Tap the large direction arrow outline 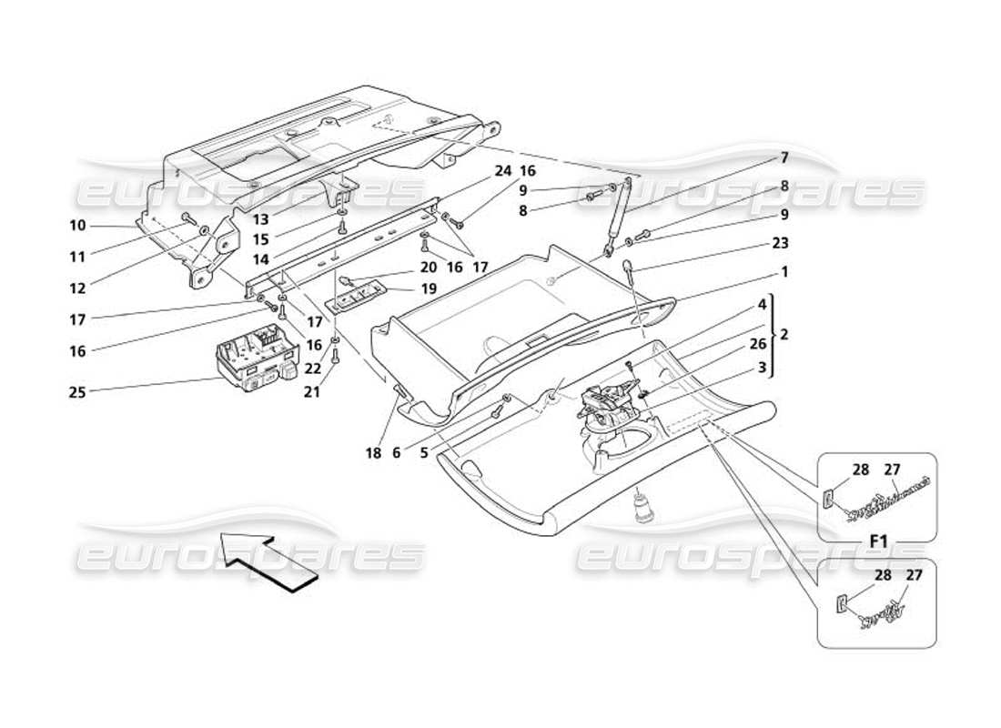tap(268, 561)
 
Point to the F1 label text tap(878, 541)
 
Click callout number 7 tap(784, 157)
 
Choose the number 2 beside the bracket tap(784, 334)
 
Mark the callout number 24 tap(503, 171)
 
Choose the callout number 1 tap(784, 272)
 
